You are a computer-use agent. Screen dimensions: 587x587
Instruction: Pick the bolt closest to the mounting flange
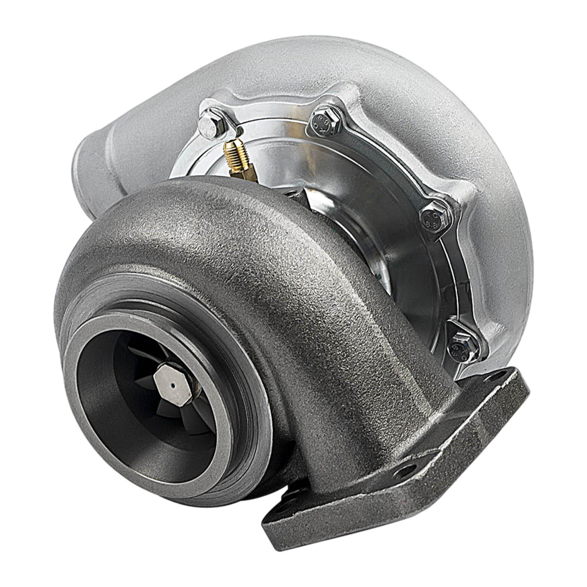pos(463,346)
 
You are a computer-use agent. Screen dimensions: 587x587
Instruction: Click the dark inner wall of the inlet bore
pos(117,411)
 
